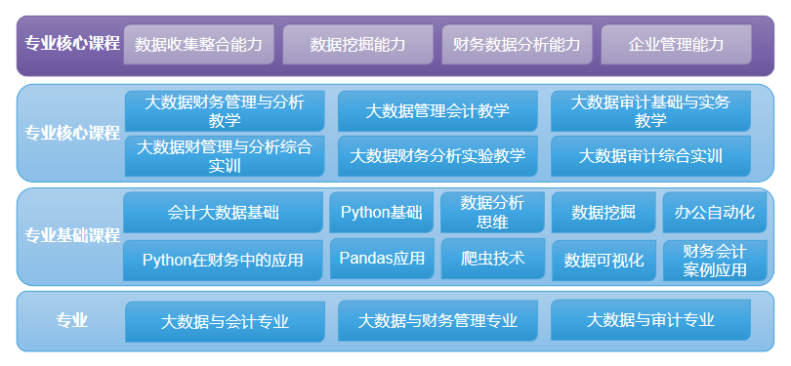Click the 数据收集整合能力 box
198,45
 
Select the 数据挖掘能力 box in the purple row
357,45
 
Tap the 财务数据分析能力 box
517,45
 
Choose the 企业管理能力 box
676,45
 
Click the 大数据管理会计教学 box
437,111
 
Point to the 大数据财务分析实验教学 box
437,156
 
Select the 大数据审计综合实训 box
650,156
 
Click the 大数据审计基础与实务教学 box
650,111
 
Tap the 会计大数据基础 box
223,213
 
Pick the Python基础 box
381,213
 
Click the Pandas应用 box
381,259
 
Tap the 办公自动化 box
715,213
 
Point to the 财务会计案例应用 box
715,261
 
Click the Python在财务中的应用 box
223,261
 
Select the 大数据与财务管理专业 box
437,321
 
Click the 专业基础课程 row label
71,235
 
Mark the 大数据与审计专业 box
650,320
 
